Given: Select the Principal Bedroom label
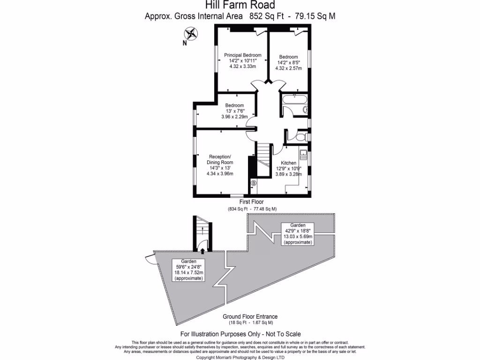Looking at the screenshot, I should click(242, 55).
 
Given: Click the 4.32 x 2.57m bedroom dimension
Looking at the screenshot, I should click(288, 68).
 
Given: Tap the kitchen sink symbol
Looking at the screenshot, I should click(302, 155).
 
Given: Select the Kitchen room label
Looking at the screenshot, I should click(288, 163).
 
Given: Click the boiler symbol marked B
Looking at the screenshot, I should click(254, 183).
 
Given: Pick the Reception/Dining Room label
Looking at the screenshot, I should click(220, 159).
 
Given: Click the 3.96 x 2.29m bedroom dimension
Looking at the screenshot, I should click(234, 117).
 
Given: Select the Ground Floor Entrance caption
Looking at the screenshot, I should click(250, 316).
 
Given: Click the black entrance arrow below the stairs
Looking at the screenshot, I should click(202, 251).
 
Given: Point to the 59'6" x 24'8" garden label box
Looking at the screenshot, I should click(189, 270).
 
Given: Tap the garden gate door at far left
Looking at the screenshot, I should click(149, 256).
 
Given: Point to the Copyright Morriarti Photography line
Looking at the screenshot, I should click(240, 357).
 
